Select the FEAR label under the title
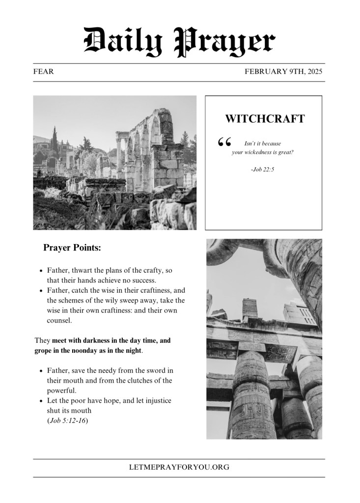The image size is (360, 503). (x=44, y=72)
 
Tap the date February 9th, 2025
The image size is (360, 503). (x=283, y=72)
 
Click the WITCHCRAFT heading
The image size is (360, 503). (x=265, y=119)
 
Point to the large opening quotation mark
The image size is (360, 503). (x=224, y=142)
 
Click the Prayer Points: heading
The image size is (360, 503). (x=72, y=248)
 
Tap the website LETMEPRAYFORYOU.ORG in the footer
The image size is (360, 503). (x=179, y=467)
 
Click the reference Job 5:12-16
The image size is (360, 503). (x=68, y=420)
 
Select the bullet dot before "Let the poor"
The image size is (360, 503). (x=41, y=401)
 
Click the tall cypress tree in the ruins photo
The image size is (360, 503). (x=54, y=140)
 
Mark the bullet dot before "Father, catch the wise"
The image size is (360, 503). (x=41, y=291)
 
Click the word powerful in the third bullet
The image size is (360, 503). (x=62, y=391)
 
